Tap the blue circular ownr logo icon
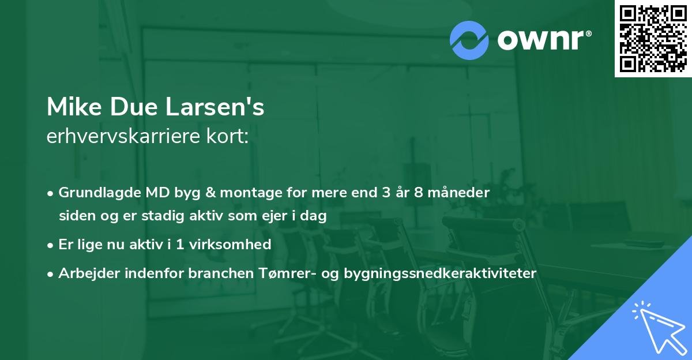(x=469, y=40)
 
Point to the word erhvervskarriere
(x=122, y=137)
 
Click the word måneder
(x=461, y=193)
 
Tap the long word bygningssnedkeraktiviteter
(x=439, y=273)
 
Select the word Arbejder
(x=85, y=273)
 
